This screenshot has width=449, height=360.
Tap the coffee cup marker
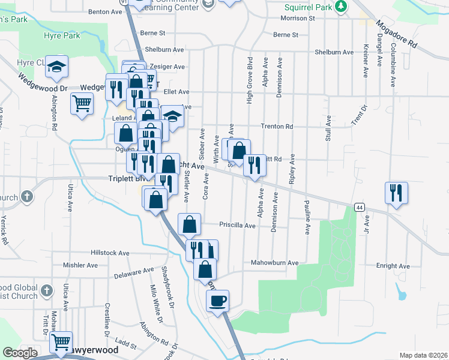(217, 300)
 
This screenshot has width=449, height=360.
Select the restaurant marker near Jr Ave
(396, 193)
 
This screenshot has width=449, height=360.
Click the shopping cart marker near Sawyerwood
(60, 343)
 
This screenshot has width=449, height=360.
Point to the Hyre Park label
(62, 36)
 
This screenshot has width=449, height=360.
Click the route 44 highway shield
(359, 207)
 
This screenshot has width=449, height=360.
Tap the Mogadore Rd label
(396, 35)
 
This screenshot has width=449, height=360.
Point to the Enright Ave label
(394, 266)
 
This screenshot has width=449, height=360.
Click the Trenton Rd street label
(277, 127)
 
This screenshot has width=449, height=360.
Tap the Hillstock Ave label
(110, 253)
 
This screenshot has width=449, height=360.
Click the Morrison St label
(297, 19)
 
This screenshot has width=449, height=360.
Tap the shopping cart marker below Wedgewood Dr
(82, 103)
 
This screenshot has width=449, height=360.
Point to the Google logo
(20, 353)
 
